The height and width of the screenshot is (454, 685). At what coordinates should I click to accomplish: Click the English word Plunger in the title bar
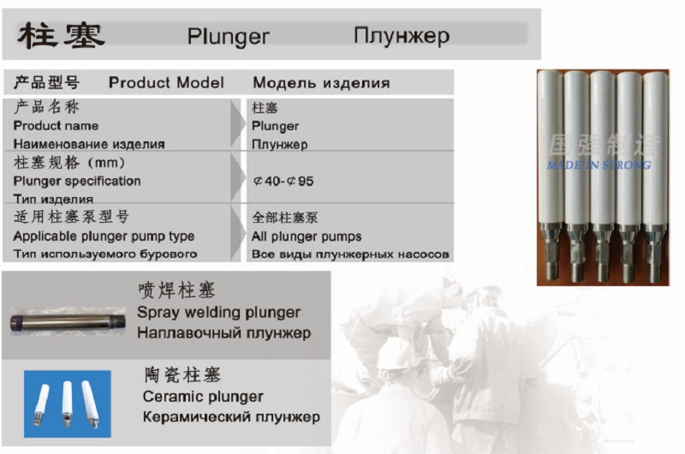(x=228, y=37)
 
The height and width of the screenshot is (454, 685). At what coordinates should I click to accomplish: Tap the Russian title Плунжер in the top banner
(x=402, y=36)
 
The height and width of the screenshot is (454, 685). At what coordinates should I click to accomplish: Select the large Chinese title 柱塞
(x=61, y=36)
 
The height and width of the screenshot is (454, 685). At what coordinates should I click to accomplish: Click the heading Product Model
(x=166, y=82)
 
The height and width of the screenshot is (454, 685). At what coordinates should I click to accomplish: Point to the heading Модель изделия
(x=322, y=82)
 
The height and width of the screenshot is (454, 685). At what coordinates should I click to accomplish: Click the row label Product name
(x=56, y=126)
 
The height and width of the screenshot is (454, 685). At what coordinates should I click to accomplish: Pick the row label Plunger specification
(x=77, y=181)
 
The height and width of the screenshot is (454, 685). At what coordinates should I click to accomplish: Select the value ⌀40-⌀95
(x=283, y=181)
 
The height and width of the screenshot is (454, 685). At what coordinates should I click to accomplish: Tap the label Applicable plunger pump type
(x=104, y=236)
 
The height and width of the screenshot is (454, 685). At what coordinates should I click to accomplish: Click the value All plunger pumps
(x=307, y=236)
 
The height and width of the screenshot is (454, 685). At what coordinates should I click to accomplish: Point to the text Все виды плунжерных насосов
(x=350, y=254)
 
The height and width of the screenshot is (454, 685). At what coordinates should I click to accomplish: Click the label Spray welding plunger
(x=219, y=313)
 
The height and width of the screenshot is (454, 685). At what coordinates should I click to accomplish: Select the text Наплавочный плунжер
(x=224, y=333)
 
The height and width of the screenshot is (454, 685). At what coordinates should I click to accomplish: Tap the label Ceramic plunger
(x=203, y=397)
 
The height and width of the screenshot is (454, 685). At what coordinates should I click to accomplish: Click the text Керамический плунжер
(x=231, y=417)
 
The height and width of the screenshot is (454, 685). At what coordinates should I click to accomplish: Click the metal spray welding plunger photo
(x=68, y=322)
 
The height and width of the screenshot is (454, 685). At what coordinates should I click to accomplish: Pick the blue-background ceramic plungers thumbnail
(x=68, y=404)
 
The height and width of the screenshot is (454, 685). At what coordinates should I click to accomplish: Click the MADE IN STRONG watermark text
(x=599, y=165)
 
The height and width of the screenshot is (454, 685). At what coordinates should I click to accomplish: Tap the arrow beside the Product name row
(x=236, y=124)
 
